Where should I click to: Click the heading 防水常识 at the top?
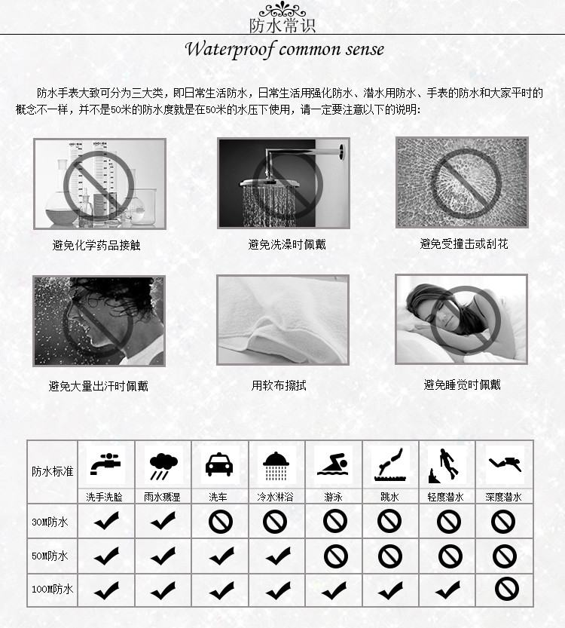coord(282,25)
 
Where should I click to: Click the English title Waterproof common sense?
coord(284,50)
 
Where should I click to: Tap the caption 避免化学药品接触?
coord(96,245)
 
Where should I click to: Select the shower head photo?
coord(282,182)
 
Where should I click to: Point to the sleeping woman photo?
coord(461,319)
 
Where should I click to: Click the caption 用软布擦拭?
coord(279,385)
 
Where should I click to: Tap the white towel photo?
coord(282,320)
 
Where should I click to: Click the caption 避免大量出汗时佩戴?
coord(99,386)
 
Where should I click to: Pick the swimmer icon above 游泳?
coord(333,464)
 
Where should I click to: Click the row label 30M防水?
coord(50,522)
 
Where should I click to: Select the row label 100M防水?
coord(52,589)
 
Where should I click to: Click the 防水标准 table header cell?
coord(53,471)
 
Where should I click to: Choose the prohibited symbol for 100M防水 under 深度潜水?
coord(505,588)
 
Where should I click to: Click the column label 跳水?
coord(390,497)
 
